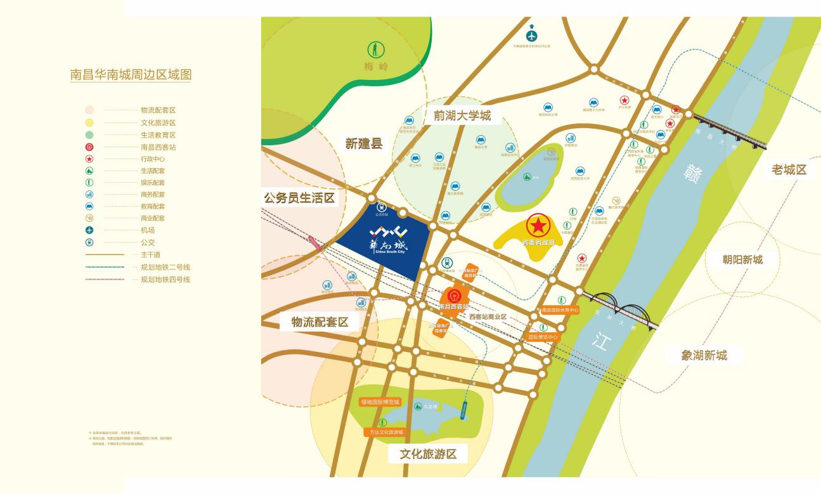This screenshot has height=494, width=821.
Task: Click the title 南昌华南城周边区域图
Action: tap(131, 74)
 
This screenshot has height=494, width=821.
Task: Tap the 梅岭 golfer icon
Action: tap(377, 49)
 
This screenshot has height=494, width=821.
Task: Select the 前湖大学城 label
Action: tap(462, 116)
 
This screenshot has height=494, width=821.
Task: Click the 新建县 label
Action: tap(364, 144)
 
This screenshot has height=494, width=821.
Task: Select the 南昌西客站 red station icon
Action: tap(454, 296)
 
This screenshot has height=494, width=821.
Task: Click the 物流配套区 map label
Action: tap(320, 322)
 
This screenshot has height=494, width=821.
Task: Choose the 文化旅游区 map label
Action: tap(428, 454)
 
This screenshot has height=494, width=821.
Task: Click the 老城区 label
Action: tap(789, 169)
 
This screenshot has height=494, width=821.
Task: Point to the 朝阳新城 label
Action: tap(742, 259)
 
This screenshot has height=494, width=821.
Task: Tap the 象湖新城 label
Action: tap(704, 355)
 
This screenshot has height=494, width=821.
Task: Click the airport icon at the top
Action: tap(531, 34)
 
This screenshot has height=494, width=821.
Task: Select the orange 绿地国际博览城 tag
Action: tap(380, 402)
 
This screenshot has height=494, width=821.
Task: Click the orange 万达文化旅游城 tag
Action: tap(386, 432)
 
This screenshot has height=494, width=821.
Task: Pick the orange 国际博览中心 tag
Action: tap(543, 337)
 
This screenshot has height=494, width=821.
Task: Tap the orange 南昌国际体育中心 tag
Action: tap(560, 310)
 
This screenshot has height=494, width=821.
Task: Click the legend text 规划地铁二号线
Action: tap(165, 267)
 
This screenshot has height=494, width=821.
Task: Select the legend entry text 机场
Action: tap(148, 230)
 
